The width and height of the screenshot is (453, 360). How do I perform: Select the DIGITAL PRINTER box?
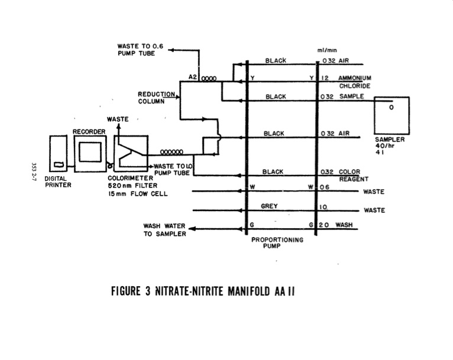click(59, 155)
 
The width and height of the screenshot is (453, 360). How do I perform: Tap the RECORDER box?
click(92, 153)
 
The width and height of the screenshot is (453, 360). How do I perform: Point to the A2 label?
click(192, 77)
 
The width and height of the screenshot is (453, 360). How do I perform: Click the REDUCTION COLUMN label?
click(156, 98)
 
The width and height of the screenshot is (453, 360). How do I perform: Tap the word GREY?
click(269, 206)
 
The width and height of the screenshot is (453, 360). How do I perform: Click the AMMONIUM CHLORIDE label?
click(354, 82)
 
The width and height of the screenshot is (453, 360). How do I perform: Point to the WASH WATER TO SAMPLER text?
click(164, 229)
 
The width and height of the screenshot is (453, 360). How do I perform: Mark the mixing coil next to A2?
click(208, 78)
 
